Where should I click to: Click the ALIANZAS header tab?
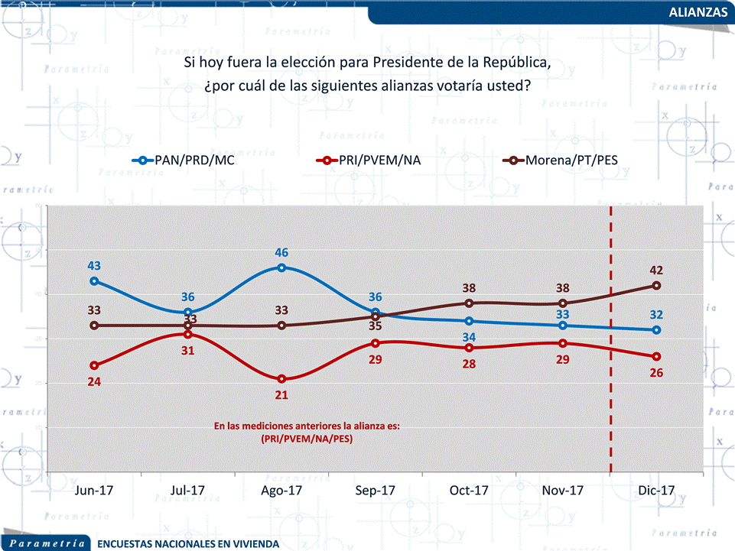point(697,12)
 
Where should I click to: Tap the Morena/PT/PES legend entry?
point(570,160)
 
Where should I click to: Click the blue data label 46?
point(281,252)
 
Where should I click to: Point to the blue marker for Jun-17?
point(94,281)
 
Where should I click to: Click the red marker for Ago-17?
point(281,379)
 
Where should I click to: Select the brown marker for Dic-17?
point(656,286)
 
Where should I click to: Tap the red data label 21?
point(281,395)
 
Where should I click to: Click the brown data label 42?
point(656,270)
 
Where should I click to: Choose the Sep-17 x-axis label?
point(375,491)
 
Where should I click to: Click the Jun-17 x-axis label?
point(94,491)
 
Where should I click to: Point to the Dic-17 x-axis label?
point(656,491)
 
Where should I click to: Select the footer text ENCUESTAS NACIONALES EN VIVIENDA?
point(188,544)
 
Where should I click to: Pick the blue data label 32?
point(656,314)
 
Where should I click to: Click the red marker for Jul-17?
point(187,335)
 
